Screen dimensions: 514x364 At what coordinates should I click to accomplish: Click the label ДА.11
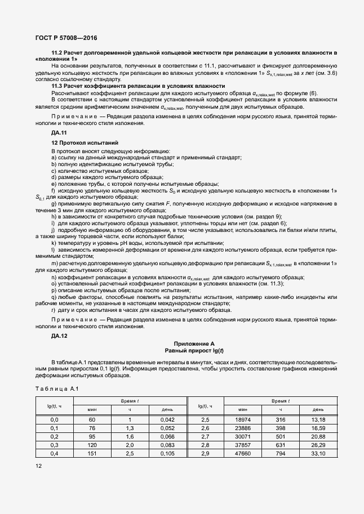click(59, 132)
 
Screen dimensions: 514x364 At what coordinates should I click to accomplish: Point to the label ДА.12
click(59, 336)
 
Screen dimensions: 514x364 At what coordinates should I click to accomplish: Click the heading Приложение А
click(194, 343)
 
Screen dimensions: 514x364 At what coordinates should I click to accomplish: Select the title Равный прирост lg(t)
click(194, 350)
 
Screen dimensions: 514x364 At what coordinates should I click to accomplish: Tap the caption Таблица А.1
click(56, 388)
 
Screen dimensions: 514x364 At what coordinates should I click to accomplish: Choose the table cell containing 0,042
click(167, 419)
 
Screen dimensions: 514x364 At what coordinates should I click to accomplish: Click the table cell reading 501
click(281, 436)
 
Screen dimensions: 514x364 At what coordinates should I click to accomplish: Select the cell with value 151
click(92, 453)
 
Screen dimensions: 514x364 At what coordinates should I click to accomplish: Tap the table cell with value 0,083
click(167, 445)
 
